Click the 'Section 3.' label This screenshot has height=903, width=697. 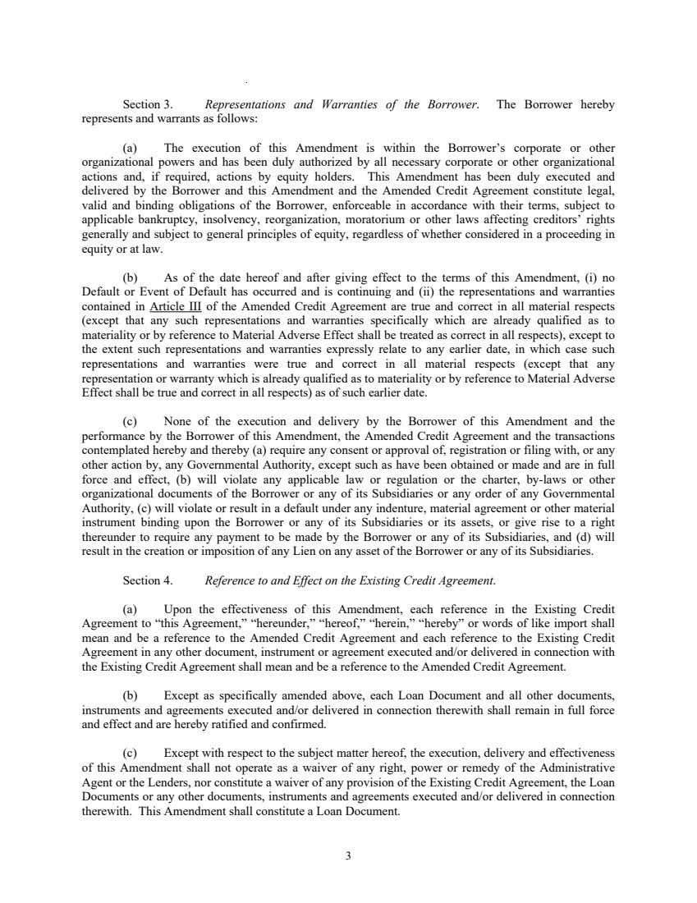click(x=147, y=105)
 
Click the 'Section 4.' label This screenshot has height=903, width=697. click(x=147, y=580)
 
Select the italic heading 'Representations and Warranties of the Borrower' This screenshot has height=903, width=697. click(x=341, y=105)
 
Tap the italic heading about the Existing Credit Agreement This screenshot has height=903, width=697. click(x=350, y=580)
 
